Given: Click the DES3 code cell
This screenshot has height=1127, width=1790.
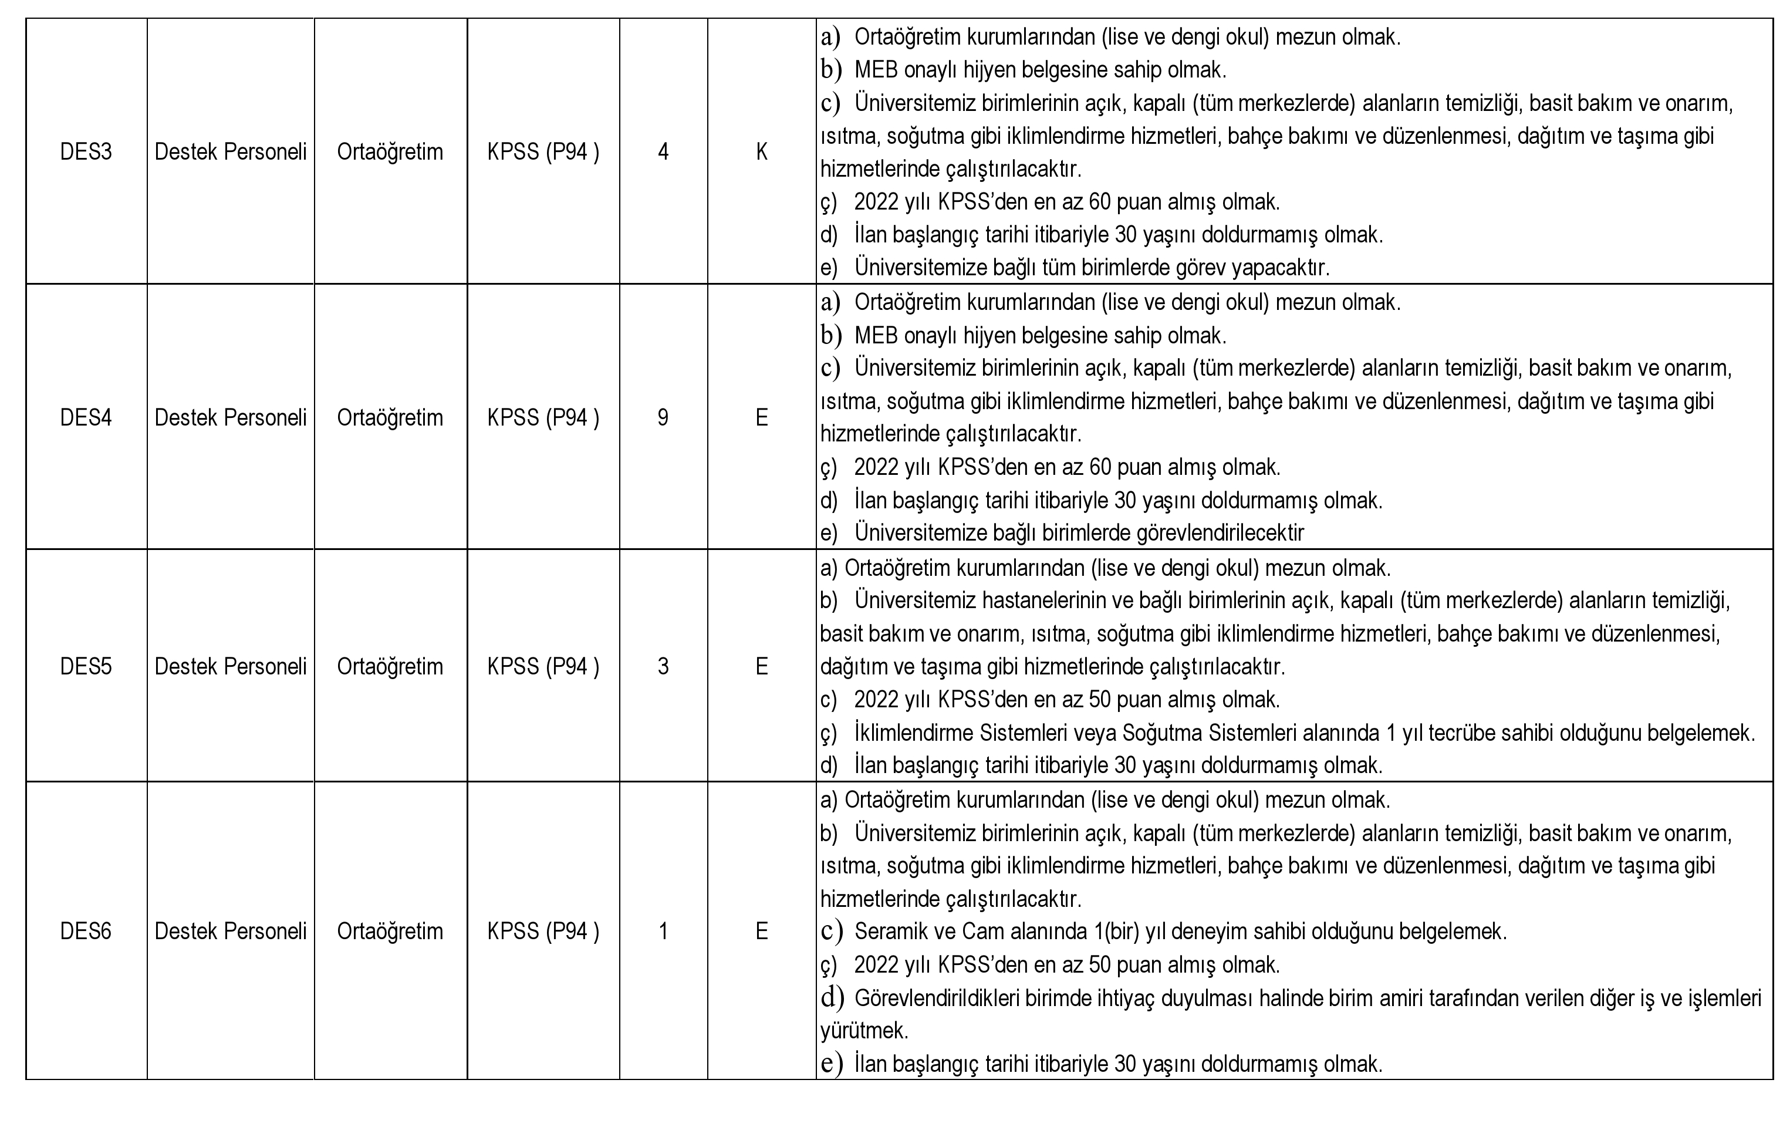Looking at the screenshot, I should point(86,151).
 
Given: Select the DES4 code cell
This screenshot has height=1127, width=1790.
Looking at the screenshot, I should point(86,418).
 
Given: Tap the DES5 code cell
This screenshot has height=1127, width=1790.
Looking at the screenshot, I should point(86,666).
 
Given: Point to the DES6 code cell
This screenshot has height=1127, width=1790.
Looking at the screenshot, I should point(86,932).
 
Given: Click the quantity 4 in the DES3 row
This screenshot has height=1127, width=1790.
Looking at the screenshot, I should point(663,151).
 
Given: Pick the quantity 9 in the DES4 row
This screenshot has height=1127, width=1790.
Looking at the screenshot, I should point(663,418).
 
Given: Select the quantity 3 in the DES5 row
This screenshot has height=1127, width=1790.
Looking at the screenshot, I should point(663,666).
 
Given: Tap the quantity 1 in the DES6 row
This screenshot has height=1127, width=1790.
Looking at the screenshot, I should point(663,932).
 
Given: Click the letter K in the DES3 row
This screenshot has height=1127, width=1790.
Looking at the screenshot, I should point(762,151).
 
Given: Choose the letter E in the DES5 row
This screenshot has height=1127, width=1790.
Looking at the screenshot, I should point(762,666).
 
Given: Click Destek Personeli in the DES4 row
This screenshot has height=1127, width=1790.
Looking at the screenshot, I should point(231,418).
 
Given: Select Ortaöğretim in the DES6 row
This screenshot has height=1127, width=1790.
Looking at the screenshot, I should point(390,932).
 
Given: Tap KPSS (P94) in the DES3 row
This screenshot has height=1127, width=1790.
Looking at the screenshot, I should point(543,151).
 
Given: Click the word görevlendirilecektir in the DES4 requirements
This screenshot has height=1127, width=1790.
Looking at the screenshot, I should point(1221,533).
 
